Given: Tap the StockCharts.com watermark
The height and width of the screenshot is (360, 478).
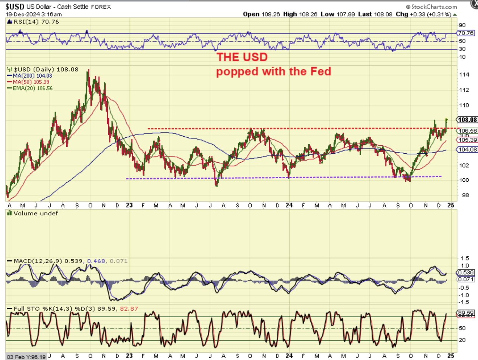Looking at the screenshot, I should click(x=431, y=7).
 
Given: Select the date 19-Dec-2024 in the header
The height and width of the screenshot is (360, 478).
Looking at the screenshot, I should click(x=19, y=14).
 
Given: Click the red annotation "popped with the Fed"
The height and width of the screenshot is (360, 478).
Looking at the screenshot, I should click(x=274, y=71).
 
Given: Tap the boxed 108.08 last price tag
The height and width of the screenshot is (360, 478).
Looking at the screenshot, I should click(x=467, y=120).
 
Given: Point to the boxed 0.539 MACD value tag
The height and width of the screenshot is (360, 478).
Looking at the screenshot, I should click(x=465, y=273).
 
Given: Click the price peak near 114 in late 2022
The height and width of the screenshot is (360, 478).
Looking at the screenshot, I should click(x=89, y=70).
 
